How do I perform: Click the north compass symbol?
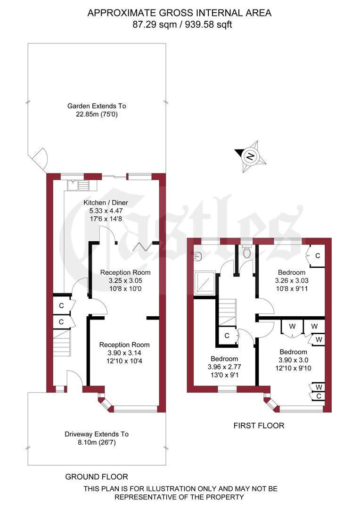(251, 155)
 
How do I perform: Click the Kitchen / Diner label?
(106, 203)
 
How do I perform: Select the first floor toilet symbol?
(246, 253)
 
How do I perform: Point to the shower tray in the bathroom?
(206, 281)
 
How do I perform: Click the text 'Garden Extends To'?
(97, 106)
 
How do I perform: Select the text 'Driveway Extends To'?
(97, 434)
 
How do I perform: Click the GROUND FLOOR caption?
(97, 476)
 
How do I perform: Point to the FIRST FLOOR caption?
(259, 426)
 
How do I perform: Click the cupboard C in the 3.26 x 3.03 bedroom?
(317, 256)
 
